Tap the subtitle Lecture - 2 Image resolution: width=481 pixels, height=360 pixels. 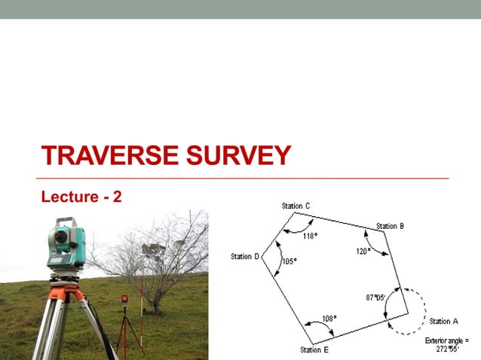(81, 197)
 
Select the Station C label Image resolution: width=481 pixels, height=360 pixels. (296, 206)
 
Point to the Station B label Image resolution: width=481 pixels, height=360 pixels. (391, 226)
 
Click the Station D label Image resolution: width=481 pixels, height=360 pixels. (245, 257)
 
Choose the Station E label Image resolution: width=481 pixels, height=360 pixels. (314, 349)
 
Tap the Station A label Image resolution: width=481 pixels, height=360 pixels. (444, 322)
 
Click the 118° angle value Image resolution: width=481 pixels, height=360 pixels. (310, 235)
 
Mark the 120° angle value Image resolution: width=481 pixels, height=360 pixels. (363, 251)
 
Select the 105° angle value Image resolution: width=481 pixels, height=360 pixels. (289, 261)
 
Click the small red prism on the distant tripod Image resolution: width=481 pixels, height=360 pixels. (124, 300)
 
